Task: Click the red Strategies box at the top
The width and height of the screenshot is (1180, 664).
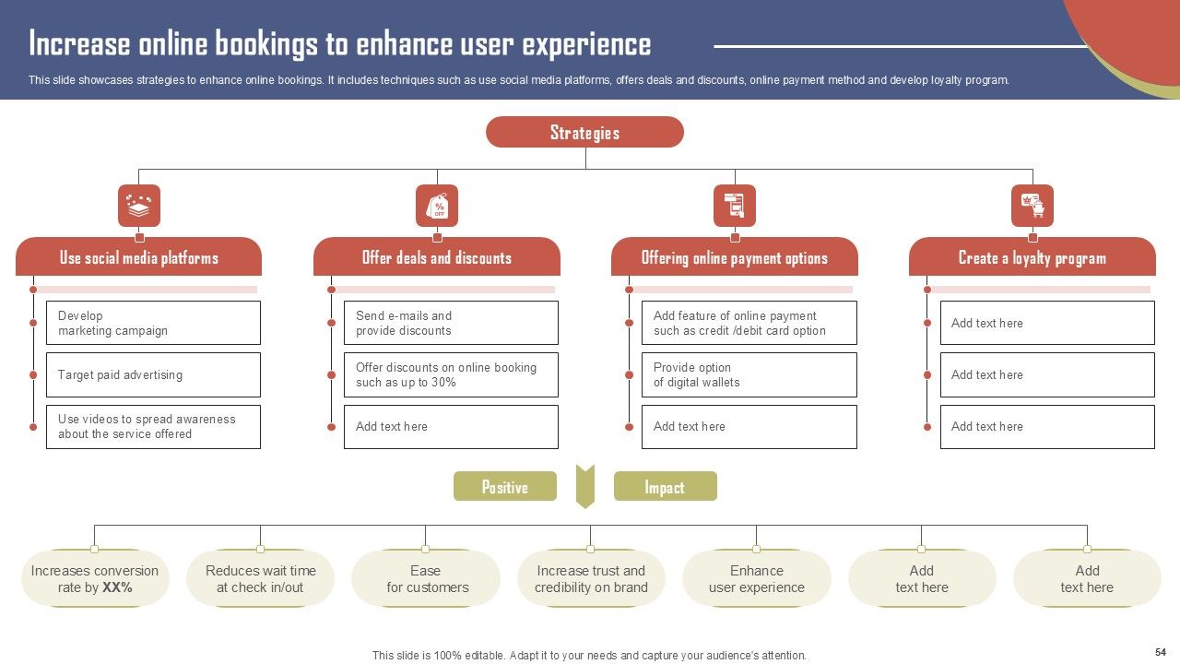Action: (584, 132)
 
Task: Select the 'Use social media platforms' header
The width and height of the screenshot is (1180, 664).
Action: (138, 257)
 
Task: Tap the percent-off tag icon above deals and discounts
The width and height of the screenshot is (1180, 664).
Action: (437, 206)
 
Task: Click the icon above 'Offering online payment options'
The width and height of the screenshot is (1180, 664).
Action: (735, 206)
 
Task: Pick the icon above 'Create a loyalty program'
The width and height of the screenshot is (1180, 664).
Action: (1032, 206)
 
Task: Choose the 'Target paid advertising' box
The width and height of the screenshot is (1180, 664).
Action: (153, 374)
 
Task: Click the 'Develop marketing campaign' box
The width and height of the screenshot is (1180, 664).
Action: (153, 323)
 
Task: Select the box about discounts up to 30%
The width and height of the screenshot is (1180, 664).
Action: (451, 374)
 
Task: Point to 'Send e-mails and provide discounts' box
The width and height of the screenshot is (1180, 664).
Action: (451, 323)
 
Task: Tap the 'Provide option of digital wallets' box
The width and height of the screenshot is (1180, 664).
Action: (749, 374)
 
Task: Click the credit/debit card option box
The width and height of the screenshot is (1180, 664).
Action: (749, 323)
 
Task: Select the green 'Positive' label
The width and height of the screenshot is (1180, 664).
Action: (505, 486)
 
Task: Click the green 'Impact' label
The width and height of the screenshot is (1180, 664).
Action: (665, 486)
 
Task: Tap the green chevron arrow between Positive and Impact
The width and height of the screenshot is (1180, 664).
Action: (585, 486)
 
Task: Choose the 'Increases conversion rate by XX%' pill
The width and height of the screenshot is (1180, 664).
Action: (95, 579)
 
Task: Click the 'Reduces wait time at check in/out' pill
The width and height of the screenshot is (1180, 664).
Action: (260, 579)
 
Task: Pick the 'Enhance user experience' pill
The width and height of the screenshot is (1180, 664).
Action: (757, 579)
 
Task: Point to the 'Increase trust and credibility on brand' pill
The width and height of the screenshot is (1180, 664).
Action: (591, 579)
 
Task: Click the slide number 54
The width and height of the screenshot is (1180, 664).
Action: (1160, 651)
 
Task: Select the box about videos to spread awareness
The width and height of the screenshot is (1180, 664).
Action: (153, 426)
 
